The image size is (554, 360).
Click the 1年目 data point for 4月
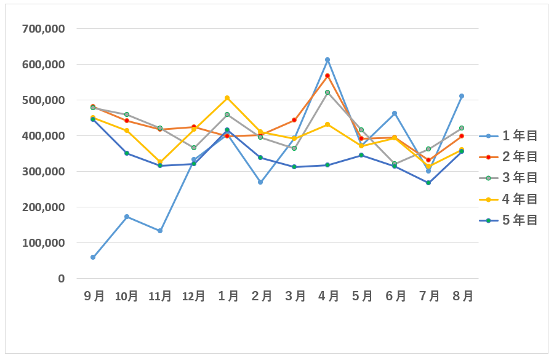(x=327, y=60)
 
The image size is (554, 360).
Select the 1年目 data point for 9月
(x=93, y=257)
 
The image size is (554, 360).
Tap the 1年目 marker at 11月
(x=160, y=231)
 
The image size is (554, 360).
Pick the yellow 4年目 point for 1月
(x=227, y=98)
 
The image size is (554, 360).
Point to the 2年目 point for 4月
(x=327, y=76)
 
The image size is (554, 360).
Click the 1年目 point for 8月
(x=462, y=96)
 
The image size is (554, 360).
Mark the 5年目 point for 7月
(x=428, y=183)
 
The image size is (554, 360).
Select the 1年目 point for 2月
(x=260, y=182)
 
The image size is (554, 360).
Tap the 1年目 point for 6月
(x=395, y=113)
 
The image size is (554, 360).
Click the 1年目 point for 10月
(x=127, y=217)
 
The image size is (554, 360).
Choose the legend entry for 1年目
(x=509, y=136)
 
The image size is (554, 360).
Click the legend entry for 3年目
(x=509, y=178)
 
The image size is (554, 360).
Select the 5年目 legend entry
(x=509, y=220)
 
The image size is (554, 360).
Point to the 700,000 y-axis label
(x=43, y=28)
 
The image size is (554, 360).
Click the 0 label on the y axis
(x=61, y=279)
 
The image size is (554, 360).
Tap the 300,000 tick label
(x=43, y=172)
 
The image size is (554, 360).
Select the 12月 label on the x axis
(x=193, y=296)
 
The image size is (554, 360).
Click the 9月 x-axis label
(x=94, y=296)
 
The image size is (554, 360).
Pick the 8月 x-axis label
(x=462, y=296)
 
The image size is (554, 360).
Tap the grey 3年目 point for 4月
(x=327, y=92)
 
